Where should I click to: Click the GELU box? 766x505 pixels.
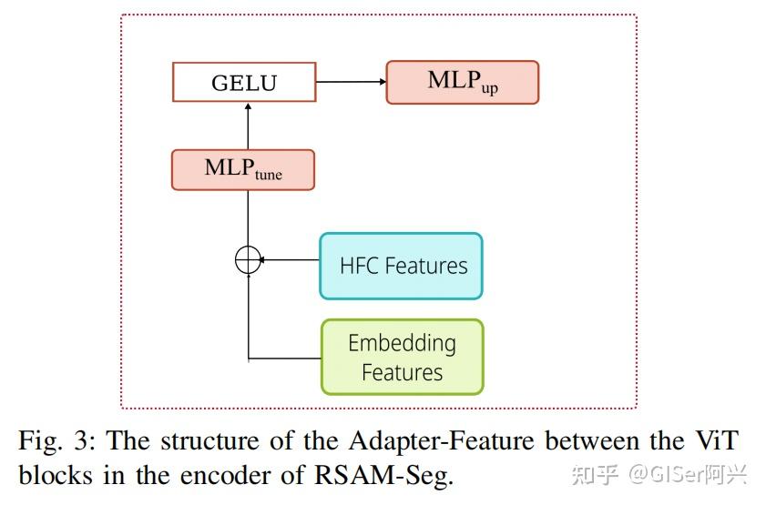click(244, 82)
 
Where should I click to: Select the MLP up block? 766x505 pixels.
click(462, 82)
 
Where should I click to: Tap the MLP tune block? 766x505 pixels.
click(242, 170)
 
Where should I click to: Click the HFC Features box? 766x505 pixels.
click(401, 266)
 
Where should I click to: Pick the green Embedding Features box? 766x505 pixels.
click(402, 357)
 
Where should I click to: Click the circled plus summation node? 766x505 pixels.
click(248, 260)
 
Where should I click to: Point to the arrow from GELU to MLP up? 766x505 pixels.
click(351, 82)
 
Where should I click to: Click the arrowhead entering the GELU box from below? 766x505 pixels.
click(248, 106)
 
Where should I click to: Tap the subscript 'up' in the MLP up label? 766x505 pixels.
click(489, 89)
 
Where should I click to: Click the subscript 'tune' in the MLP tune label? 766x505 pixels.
click(269, 176)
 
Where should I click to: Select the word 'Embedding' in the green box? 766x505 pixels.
click(402, 343)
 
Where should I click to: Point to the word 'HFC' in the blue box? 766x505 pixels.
click(359, 266)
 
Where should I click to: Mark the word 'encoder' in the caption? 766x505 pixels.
click(252, 474)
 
